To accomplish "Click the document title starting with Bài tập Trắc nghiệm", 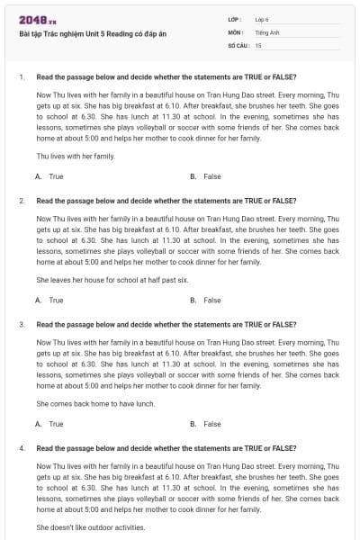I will tap(92, 34).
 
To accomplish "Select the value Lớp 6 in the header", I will tap(262, 18).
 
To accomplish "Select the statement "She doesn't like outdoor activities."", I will tap(90, 526).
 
